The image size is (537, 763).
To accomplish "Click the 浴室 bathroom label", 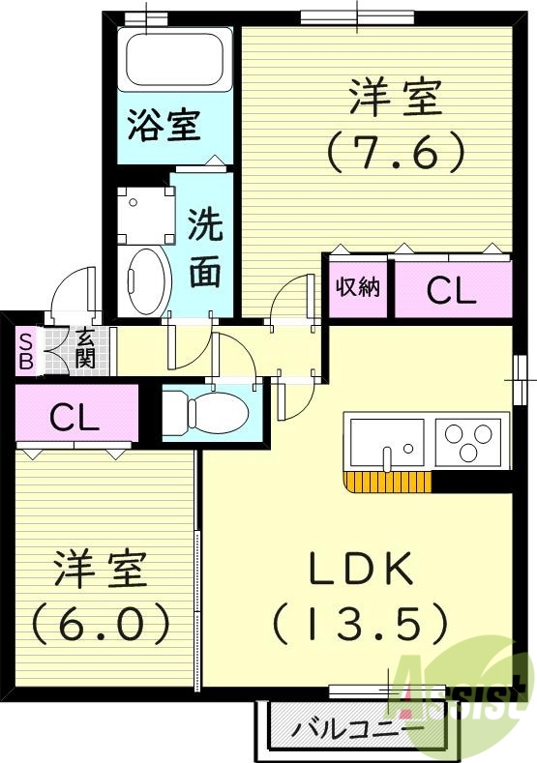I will click(x=164, y=126).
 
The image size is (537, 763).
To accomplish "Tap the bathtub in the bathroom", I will click(x=173, y=59).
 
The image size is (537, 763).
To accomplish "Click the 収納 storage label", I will click(x=358, y=287).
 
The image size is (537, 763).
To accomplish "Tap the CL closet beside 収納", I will click(x=451, y=290).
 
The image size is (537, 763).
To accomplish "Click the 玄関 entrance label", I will click(x=85, y=349).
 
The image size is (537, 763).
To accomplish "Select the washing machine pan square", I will click(x=144, y=212).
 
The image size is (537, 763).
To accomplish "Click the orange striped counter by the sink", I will click(x=386, y=481).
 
